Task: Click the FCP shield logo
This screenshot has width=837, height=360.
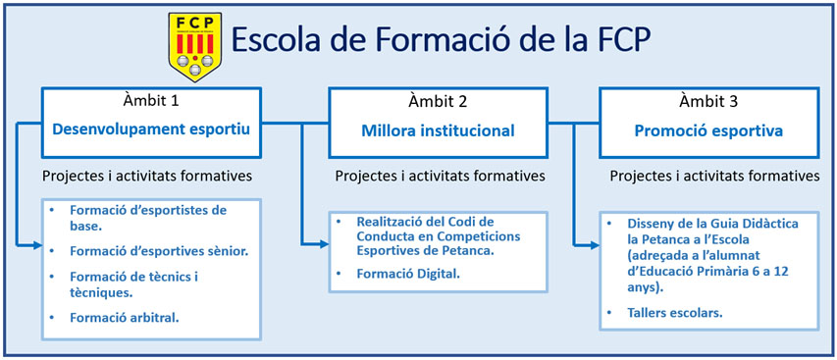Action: pyautogui.click(x=195, y=47)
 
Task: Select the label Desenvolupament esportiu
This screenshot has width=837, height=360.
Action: pyautogui.click(x=151, y=130)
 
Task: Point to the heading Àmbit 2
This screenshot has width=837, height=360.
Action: pyautogui.click(x=439, y=100)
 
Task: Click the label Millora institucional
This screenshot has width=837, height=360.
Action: pyautogui.click(x=439, y=130)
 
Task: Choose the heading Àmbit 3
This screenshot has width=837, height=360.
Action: pyautogui.click(x=708, y=100)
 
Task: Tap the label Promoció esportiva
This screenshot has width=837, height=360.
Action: pyautogui.click(x=708, y=130)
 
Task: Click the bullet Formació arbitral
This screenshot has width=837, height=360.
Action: pyautogui.click(x=125, y=318)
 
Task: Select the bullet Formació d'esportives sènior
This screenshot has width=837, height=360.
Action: pyautogui.click(x=159, y=251)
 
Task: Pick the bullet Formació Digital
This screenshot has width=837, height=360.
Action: pyautogui.click(x=408, y=274)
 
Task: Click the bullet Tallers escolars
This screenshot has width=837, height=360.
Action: pyautogui.click(x=675, y=313)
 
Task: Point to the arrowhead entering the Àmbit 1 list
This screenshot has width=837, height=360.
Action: pyautogui.click(x=37, y=245)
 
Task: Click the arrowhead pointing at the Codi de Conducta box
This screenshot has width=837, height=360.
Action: pyautogui.click(x=324, y=244)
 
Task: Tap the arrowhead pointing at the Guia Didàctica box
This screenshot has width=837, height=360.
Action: pyautogui.click(x=594, y=245)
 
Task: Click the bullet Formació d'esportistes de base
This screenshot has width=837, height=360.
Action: pyautogui.click(x=148, y=218)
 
